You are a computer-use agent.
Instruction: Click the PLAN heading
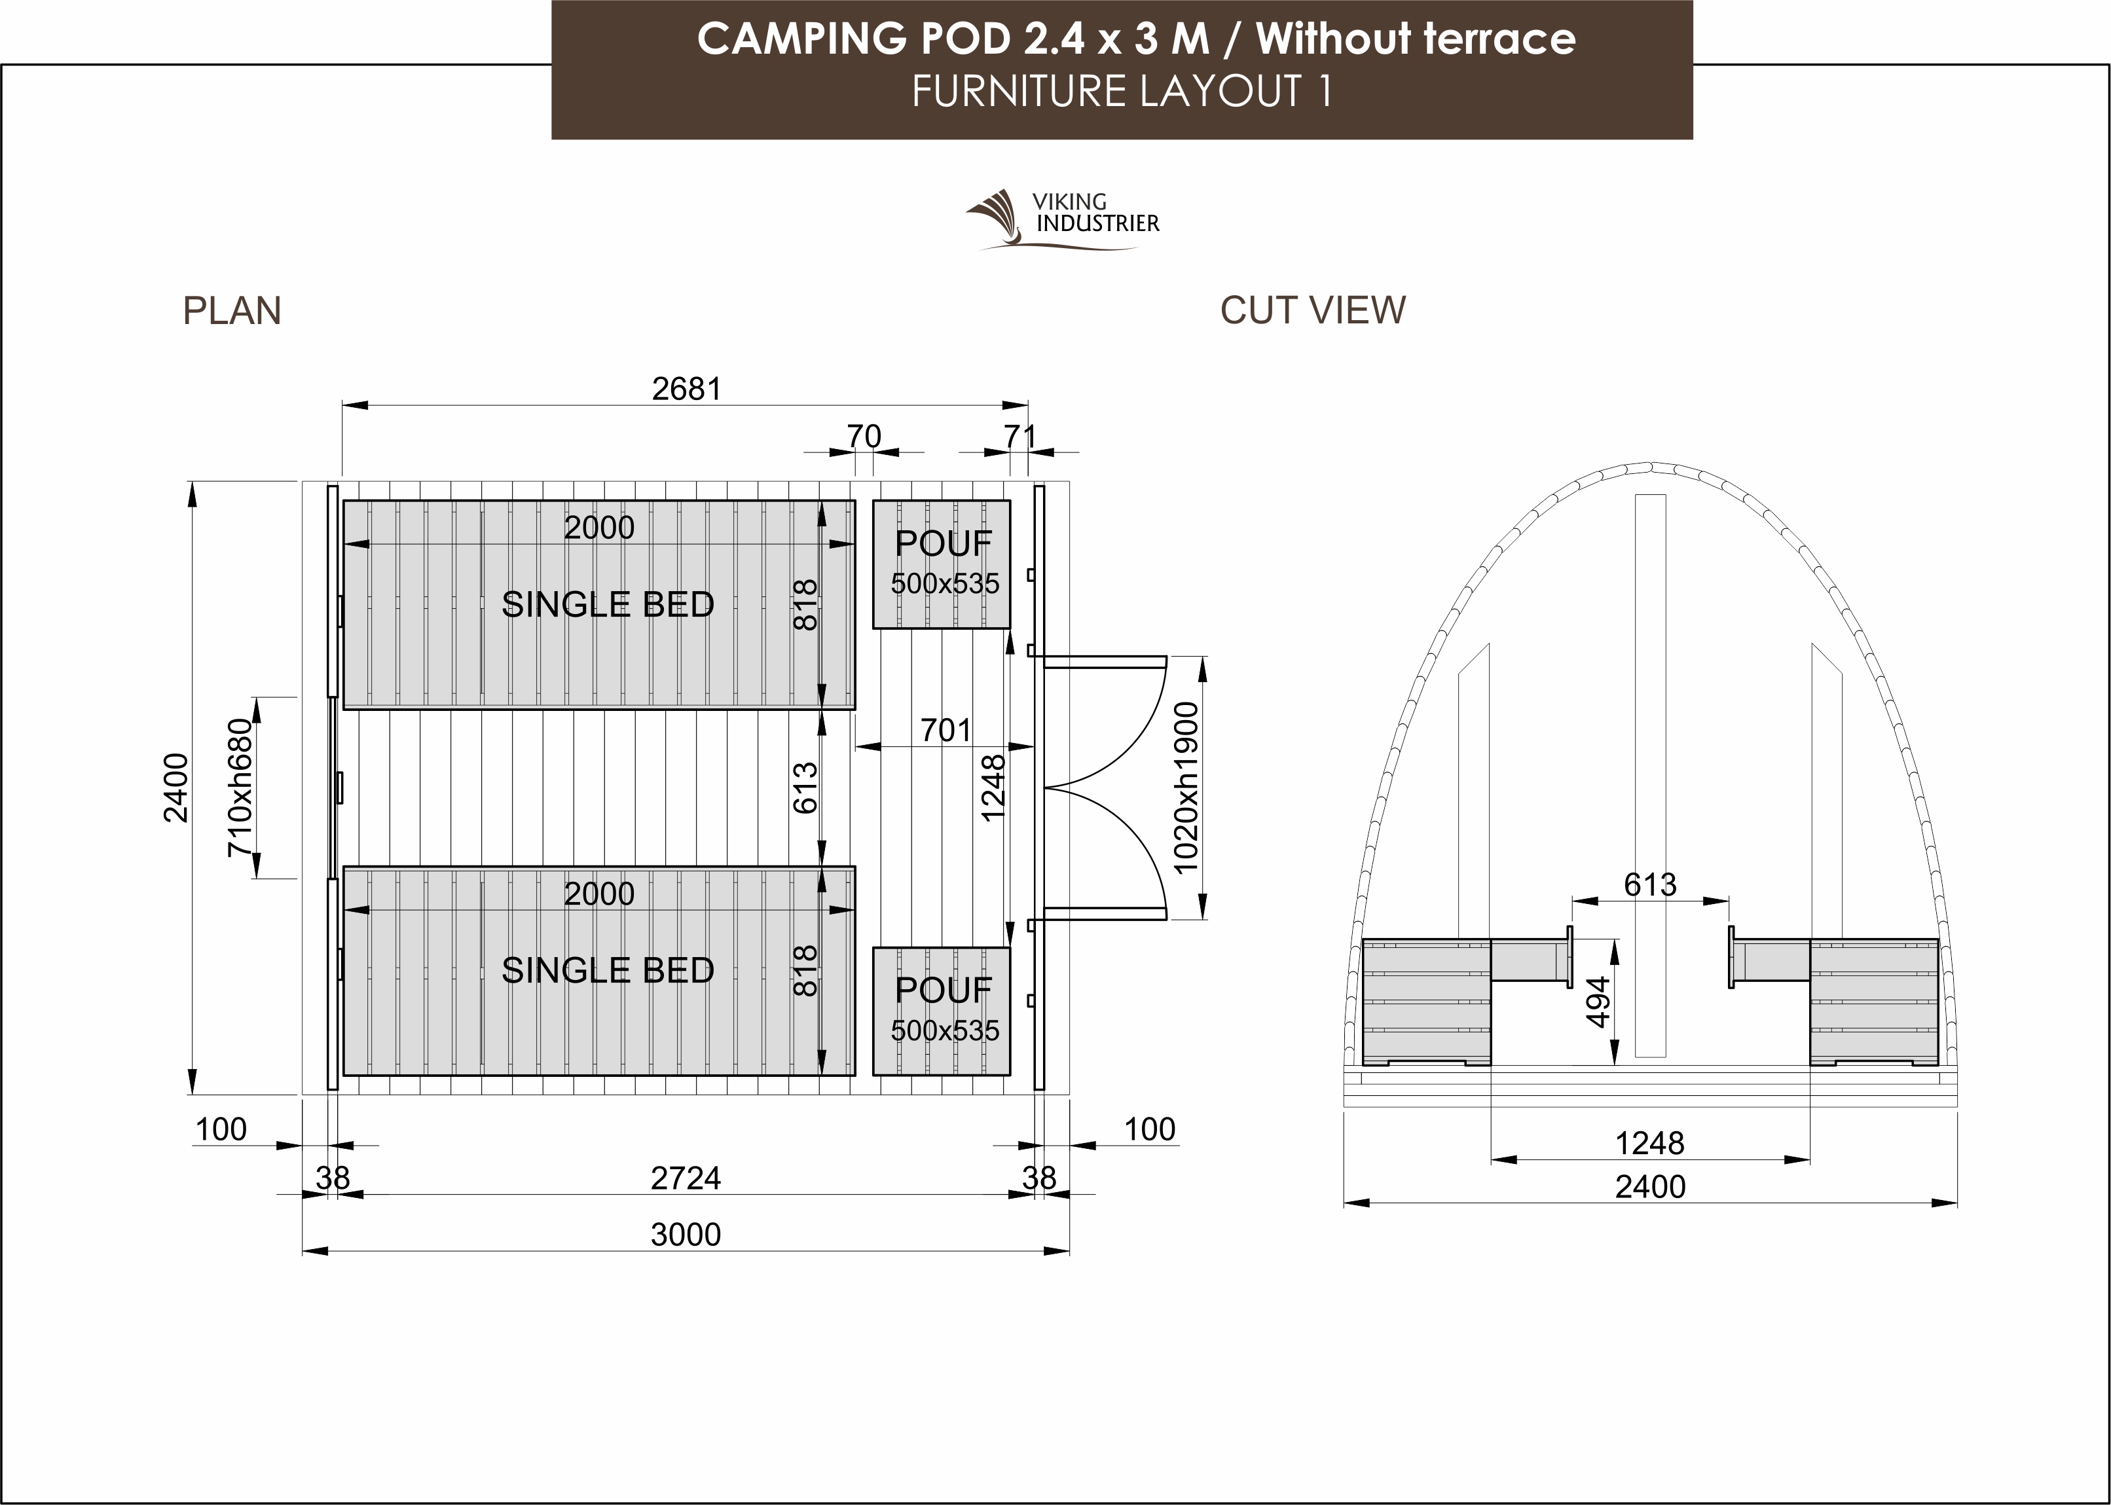pyautogui.click(x=232, y=310)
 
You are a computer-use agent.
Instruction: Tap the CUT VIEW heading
pyautogui.click(x=1312, y=310)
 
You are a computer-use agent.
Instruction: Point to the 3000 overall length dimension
pyautogui.click(x=686, y=1235)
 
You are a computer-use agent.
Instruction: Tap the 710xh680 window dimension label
pyautogui.click(x=239, y=788)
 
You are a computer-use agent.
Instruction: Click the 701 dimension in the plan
pyautogui.click(x=946, y=731)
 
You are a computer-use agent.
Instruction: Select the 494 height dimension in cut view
pyautogui.click(x=1598, y=1003)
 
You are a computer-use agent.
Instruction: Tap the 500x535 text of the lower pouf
pyautogui.click(x=945, y=1030)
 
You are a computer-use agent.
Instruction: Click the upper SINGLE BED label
pyautogui.click(x=608, y=604)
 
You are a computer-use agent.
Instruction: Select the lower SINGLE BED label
pyautogui.click(x=608, y=970)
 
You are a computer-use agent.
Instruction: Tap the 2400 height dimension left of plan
pyautogui.click(x=176, y=788)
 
